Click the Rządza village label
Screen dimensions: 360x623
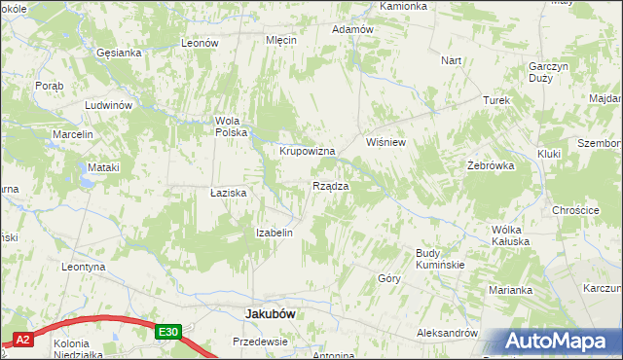pos(331,185)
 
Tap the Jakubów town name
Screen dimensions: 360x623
pos(270,314)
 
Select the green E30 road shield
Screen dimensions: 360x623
pos(168,332)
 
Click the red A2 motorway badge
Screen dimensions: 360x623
pos(23,340)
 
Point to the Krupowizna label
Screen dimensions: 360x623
pos(308,151)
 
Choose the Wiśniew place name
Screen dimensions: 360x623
pos(385,142)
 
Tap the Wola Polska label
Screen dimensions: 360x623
pos(233,126)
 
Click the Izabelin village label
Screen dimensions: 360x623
pos(274,233)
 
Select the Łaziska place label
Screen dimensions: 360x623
pos(229,193)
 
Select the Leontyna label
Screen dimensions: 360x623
pos(83,266)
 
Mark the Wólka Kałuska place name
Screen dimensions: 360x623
pos(509,235)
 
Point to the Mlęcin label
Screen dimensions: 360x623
pos(281,40)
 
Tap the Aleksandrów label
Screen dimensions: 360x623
pos(447,332)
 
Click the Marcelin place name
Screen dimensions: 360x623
pos(73,133)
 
